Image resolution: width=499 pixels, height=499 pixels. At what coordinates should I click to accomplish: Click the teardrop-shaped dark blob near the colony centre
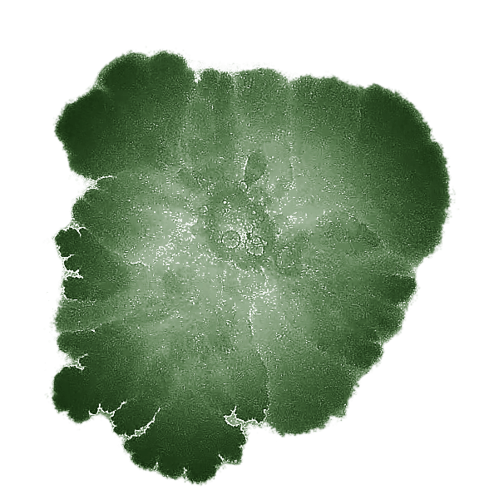[253, 167]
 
